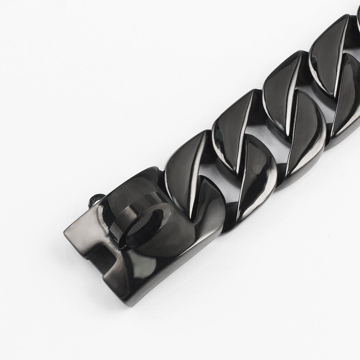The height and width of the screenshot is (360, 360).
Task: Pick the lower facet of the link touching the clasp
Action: pyautogui.click(x=207, y=201)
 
